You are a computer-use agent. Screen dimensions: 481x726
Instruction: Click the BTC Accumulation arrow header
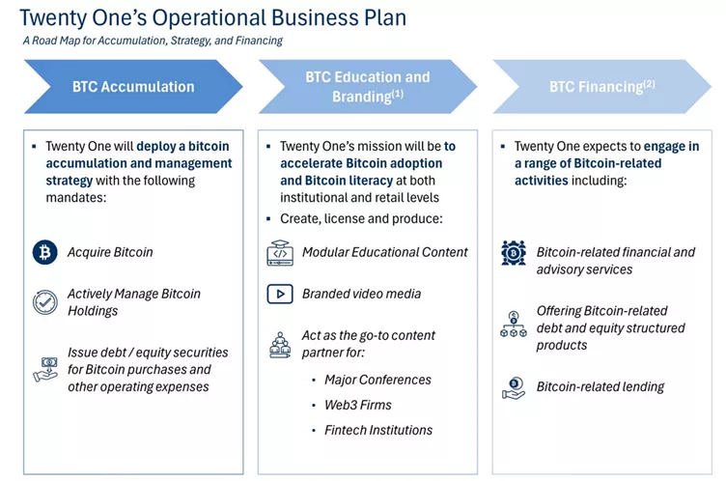tap(132, 87)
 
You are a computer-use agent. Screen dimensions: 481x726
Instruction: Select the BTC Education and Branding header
tap(367, 87)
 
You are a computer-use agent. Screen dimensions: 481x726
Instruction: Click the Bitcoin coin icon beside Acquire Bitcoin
tap(44, 252)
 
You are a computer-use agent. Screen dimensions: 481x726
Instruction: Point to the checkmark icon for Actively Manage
tap(44, 302)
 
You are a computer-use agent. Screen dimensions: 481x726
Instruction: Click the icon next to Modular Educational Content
tap(279, 253)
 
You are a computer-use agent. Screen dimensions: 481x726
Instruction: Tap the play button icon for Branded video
tap(279, 294)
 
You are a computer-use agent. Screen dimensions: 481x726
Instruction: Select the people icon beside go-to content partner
tap(279, 344)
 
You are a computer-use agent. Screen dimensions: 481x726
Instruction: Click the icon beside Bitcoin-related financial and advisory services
tap(514, 253)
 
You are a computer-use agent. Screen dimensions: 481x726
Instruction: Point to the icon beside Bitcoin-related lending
tap(514, 387)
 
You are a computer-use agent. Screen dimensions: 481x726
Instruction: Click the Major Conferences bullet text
tap(377, 380)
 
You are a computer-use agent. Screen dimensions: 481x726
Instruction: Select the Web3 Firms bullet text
tap(358, 405)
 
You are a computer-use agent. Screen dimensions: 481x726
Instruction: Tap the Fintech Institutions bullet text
tap(378, 430)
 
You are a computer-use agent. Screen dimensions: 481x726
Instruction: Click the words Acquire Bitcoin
tap(110, 252)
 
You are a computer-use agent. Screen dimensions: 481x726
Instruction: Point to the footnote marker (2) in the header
tap(649, 83)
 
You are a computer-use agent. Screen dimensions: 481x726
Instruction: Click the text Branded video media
tap(361, 294)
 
